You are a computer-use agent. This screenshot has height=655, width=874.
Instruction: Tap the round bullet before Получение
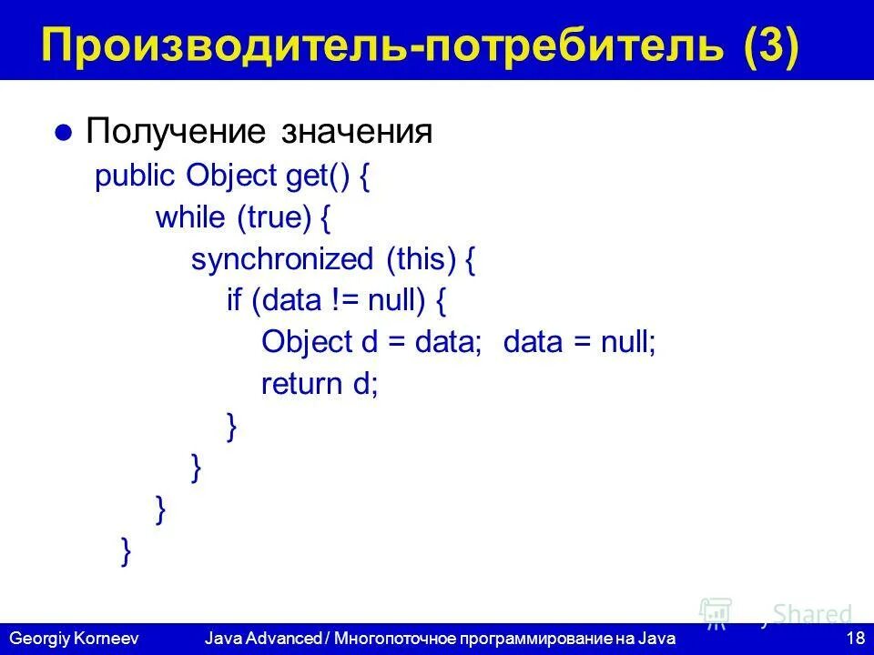tap(63, 133)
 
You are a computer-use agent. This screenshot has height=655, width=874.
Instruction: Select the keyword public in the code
tap(136, 176)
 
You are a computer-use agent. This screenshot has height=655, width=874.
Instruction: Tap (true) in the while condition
tap(274, 217)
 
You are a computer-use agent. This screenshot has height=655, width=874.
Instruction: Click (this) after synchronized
tap(420, 259)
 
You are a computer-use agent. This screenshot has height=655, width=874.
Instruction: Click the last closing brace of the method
tap(126, 550)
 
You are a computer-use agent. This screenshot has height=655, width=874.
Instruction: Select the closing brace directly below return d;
tap(232, 426)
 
